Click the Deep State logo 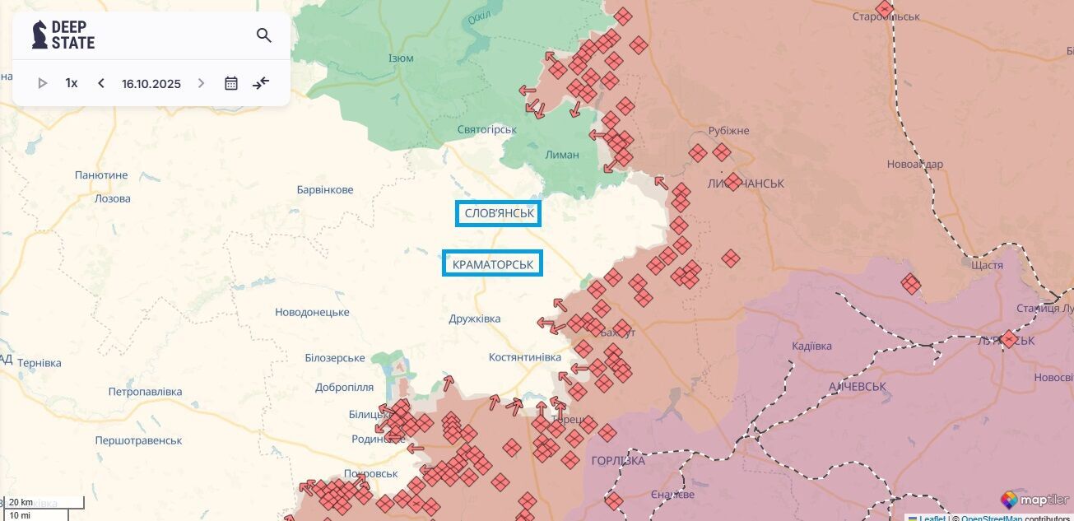click(x=63, y=35)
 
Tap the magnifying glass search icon click(x=263, y=35)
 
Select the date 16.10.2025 click(x=151, y=83)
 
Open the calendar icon click(x=231, y=83)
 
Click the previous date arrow click(x=101, y=83)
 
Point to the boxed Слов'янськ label click(x=499, y=214)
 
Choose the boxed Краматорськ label click(x=493, y=263)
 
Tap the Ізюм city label click(x=401, y=58)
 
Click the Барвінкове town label click(x=325, y=190)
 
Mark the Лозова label click(x=113, y=198)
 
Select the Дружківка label click(x=475, y=319)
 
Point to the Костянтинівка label click(x=525, y=357)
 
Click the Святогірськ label click(x=487, y=129)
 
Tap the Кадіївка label click(x=811, y=346)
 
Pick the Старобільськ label click(x=886, y=16)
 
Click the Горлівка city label click(x=618, y=460)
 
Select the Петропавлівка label click(x=145, y=391)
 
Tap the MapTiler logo click(x=1035, y=500)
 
